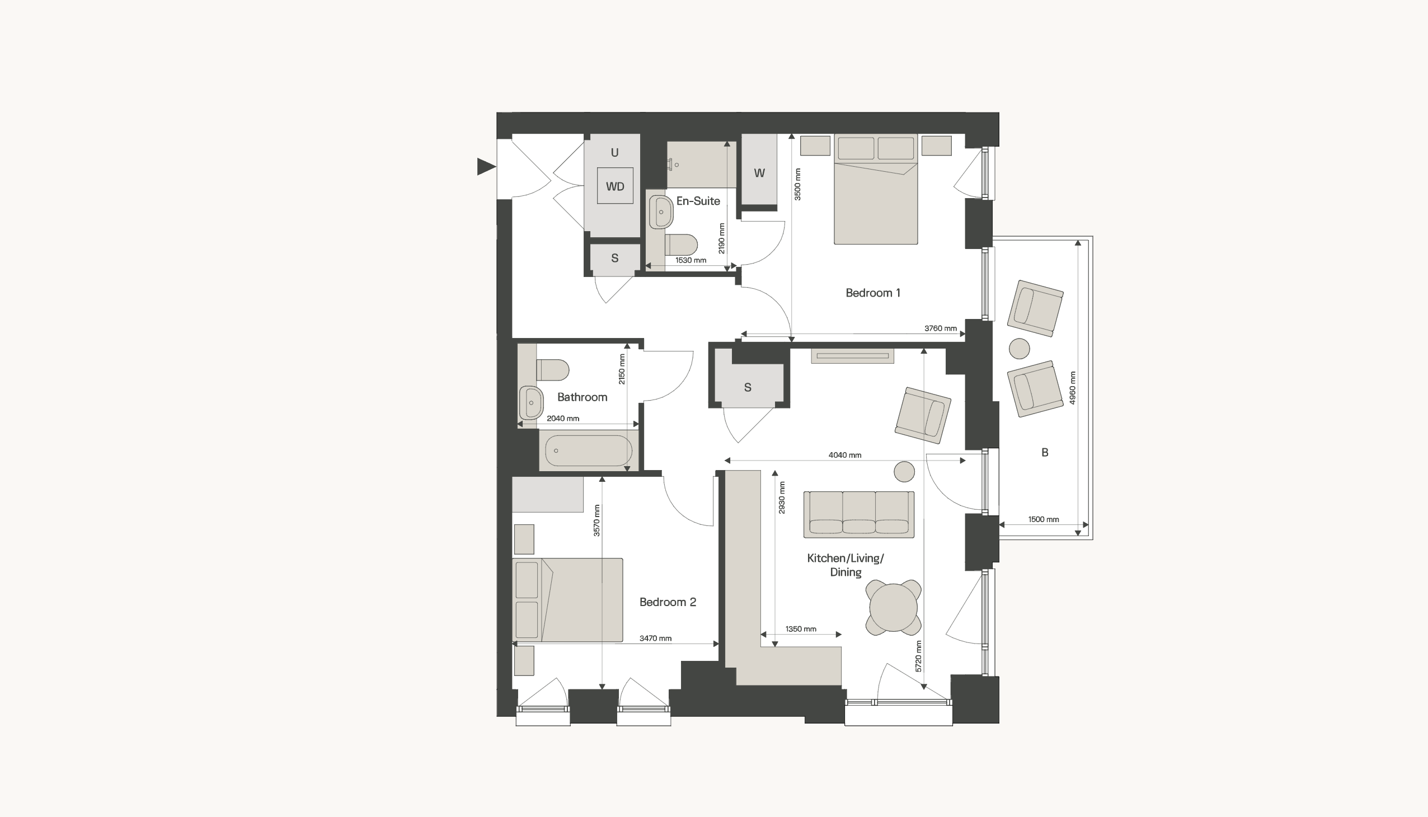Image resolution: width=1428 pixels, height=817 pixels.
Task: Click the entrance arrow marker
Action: (486, 167)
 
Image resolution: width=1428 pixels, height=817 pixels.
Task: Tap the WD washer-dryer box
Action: (615, 186)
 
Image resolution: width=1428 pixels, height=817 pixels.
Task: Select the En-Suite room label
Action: (698, 201)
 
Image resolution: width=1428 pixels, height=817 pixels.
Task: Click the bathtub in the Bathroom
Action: (589, 450)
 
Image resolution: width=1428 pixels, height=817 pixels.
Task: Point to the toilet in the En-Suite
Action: (681, 245)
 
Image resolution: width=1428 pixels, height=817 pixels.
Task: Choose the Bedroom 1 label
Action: (872, 293)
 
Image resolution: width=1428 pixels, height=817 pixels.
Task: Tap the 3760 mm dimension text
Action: (941, 328)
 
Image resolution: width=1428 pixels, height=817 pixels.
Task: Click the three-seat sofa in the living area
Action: (858, 515)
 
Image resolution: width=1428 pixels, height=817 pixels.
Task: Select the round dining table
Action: (893, 608)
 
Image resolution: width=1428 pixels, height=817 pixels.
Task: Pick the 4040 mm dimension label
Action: (844, 455)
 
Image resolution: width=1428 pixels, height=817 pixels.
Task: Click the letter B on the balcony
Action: (1045, 452)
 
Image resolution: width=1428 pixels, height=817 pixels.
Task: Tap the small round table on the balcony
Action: (1020, 349)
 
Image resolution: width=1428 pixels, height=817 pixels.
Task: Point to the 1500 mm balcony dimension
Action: (1044, 520)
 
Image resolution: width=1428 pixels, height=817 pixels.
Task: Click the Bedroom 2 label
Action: (668, 602)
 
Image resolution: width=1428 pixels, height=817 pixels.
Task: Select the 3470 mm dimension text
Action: (655, 638)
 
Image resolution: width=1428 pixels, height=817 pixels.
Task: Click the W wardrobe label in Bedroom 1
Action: (759, 173)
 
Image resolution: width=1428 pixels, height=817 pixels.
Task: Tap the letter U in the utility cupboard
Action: (614, 153)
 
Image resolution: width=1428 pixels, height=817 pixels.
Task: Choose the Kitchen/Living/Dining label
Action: (845, 565)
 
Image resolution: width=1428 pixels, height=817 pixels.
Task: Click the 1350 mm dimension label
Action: (801, 629)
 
